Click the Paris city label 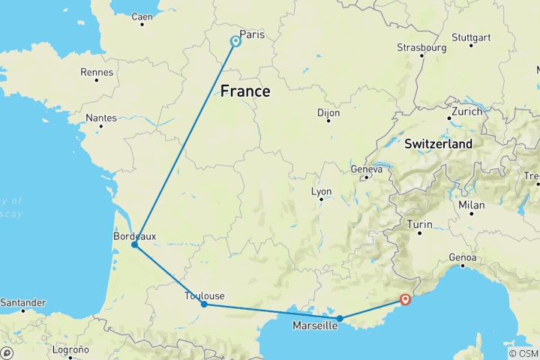pos(253,34)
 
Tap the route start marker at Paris pos(235,41)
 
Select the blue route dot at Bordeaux pos(134,244)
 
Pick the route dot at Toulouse pos(204,304)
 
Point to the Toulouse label pos(204,295)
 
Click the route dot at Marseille pos(340,318)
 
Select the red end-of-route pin pos(405,300)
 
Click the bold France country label pos(244,91)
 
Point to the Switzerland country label pos(439,142)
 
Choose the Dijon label pos(328,112)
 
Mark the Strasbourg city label pos(421,47)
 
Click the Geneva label pos(367,169)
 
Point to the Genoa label pos(463,258)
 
